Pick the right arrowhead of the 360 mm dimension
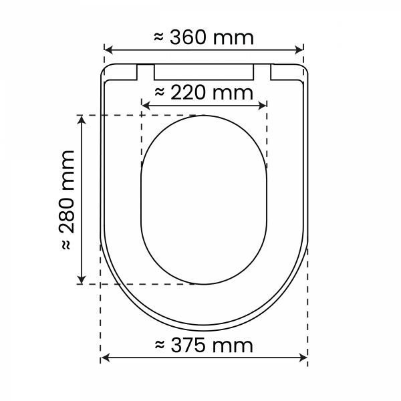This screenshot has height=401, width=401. tap(300, 50)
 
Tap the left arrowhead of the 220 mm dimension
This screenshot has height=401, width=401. tap(146, 105)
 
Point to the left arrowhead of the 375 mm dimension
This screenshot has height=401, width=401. tap(104, 359)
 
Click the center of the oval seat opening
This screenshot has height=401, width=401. tap(204, 199)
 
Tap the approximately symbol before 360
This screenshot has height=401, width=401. tap(159, 37)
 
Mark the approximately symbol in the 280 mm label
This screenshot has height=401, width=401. tap(67, 245)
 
